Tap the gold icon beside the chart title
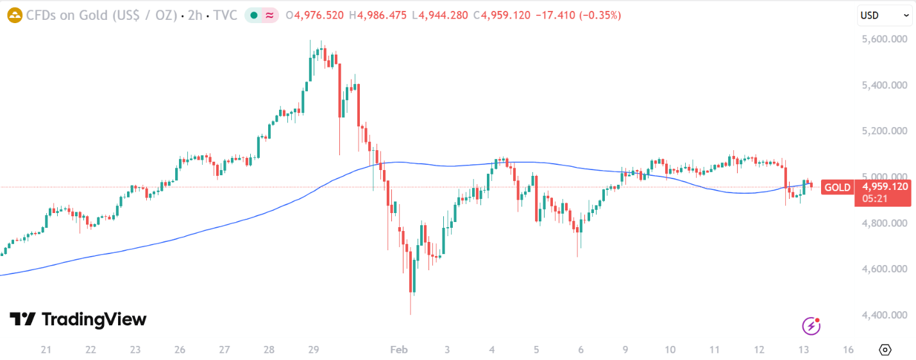point(15,15)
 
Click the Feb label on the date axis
point(399,350)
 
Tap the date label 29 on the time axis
point(314,350)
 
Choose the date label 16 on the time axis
point(848,350)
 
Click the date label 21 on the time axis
point(46,350)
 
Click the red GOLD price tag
point(837,187)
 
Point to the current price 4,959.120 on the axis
point(885,187)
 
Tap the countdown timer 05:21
point(875,199)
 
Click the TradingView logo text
point(94,320)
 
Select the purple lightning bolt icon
point(811,326)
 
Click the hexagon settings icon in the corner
point(885,350)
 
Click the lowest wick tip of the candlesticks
point(410,314)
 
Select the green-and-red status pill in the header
point(262,15)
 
